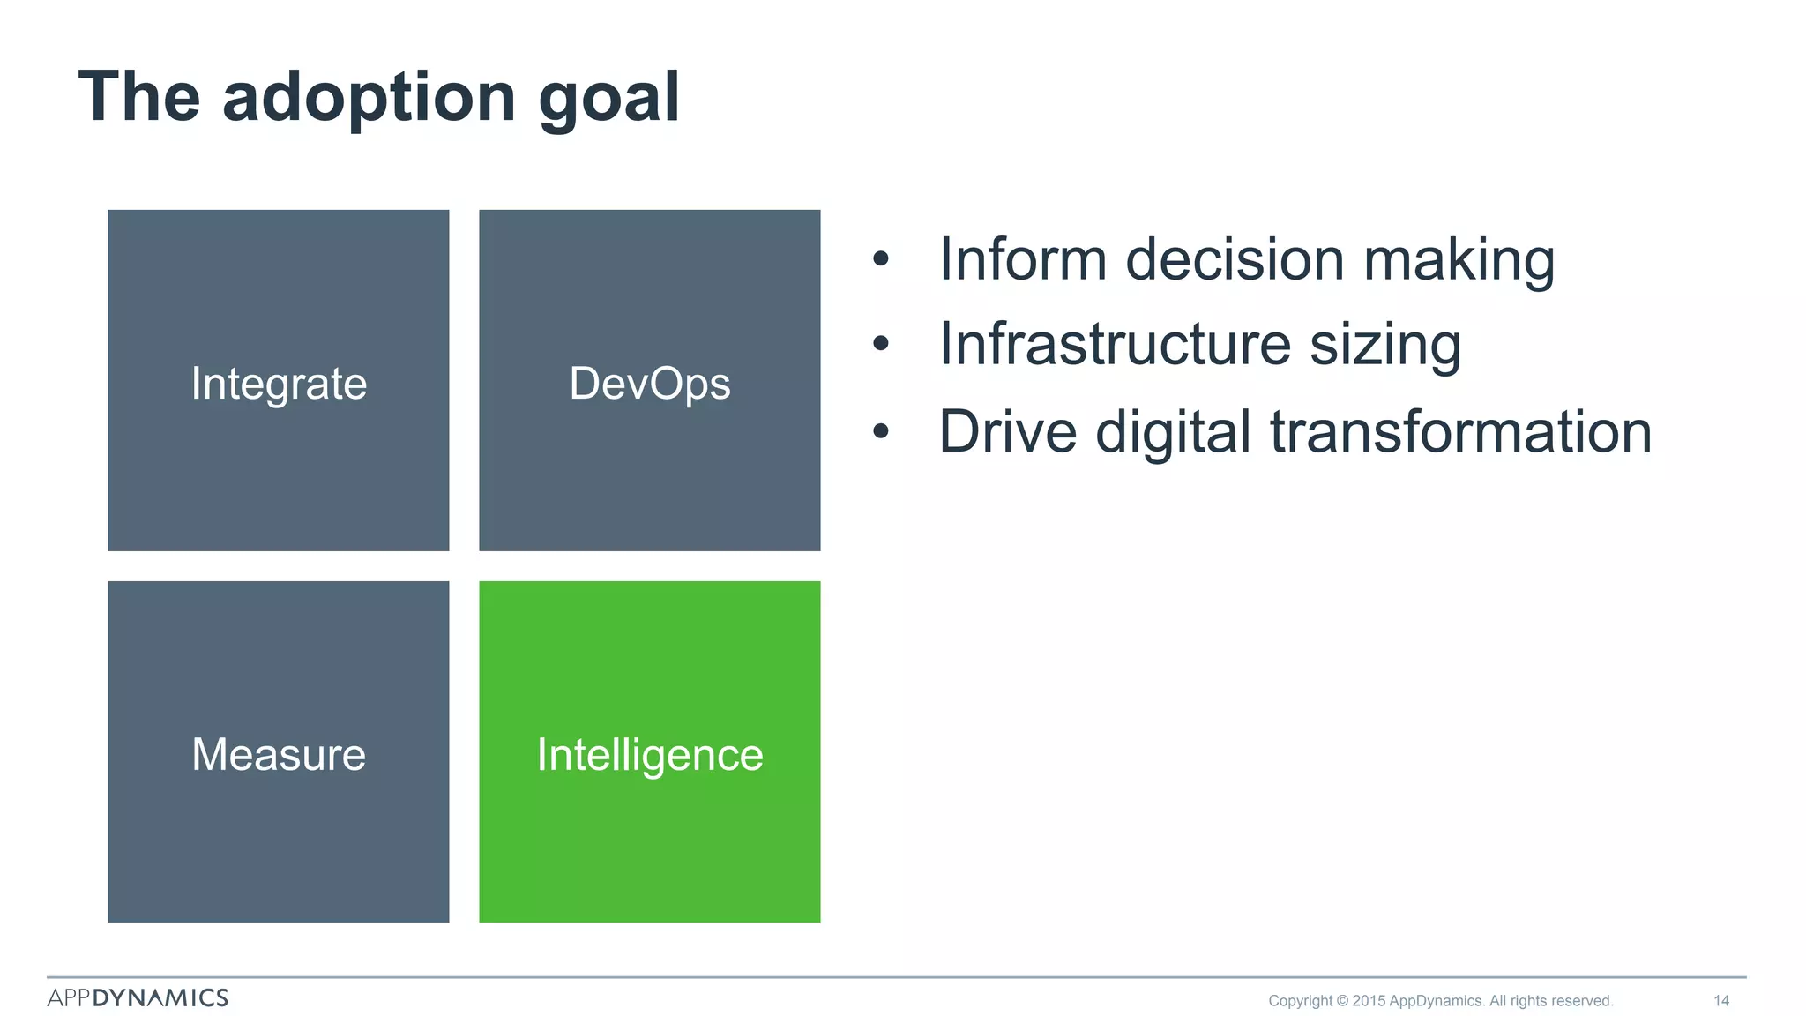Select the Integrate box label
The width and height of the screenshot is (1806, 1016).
click(279, 384)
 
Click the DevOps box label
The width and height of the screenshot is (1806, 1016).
click(650, 384)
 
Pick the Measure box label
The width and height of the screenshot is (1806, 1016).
click(279, 755)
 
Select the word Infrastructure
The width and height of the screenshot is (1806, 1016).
click(1115, 344)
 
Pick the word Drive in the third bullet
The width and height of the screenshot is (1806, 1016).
click(1007, 432)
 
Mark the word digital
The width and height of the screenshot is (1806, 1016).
click(1173, 432)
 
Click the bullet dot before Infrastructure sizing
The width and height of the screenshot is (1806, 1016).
click(880, 344)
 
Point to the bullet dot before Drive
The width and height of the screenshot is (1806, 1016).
click(880, 432)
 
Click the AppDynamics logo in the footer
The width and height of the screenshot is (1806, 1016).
click(138, 997)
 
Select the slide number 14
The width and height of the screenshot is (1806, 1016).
click(1720, 1000)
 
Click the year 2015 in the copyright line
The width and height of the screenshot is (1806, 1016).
click(1369, 1000)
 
